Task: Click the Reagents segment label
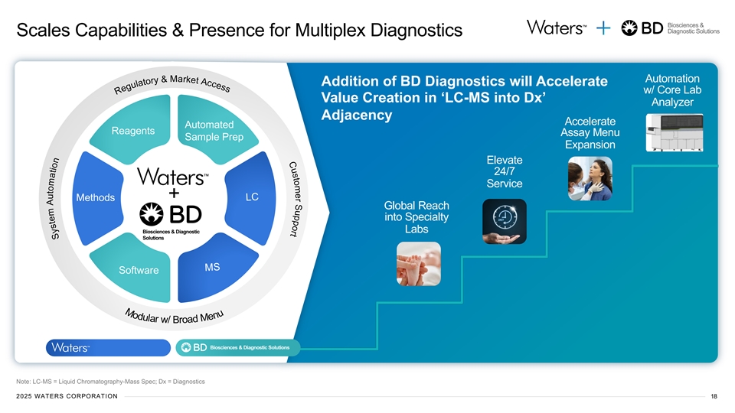pos(132,131)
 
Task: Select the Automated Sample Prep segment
pos(209,131)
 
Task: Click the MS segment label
pos(212,267)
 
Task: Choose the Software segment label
pos(139,270)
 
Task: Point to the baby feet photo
pos(418,264)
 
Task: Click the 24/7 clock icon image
pos(504,220)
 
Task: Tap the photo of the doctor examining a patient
pos(590,179)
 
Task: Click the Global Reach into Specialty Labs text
pos(416,218)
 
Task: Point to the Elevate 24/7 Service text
pos(504,172)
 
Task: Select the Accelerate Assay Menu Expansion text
pos(590,133)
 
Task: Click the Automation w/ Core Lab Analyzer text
pos(672,90)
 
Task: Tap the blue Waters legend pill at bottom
pos(107,348)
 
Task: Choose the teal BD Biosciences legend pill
pos(238,348)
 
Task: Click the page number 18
pos(714,395)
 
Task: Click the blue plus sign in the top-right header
pos(604,28)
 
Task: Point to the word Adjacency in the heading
pos(357,115)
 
